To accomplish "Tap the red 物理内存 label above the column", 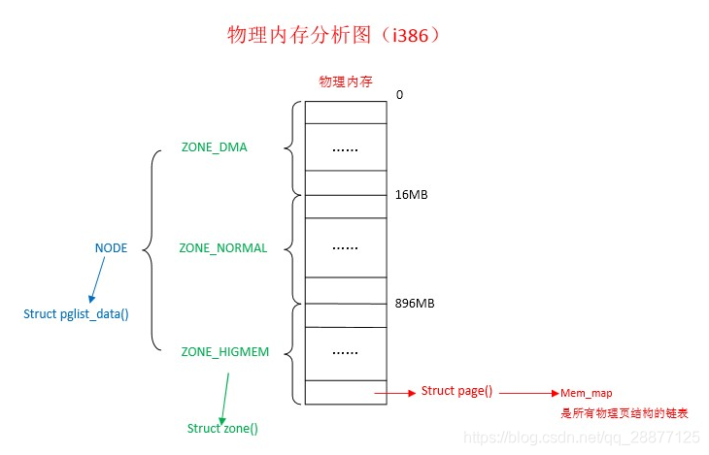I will click(x=346, y=81).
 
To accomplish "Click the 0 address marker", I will click(x=399, y=95).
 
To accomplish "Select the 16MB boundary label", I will click(x=412, y=195).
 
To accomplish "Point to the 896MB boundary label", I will click(x=415, y=304).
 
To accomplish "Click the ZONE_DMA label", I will click(x=214, y=147).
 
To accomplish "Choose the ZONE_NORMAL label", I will click(x=222, y=248).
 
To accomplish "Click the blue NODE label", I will click(x=111, y=248).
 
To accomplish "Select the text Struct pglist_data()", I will click(x=76, y=314).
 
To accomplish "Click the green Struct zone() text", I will click(x=222, y=428).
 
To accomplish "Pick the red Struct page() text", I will click(x=456, y=391).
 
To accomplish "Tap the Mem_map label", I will click(x=586, y=393).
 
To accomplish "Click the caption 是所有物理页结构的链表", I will click(x=625, y=412).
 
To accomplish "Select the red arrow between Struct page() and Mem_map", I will click(x=527, y=393).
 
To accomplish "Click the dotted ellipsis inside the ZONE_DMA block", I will click(x=345, y=148).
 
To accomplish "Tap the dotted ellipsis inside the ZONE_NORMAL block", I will click(x=345, y=248).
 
